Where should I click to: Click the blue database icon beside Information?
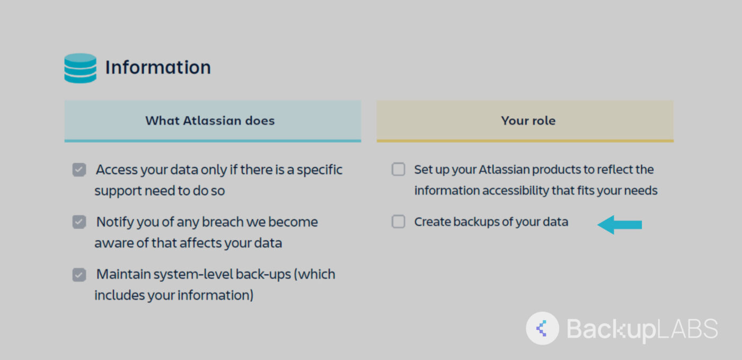click(x=80, y=68)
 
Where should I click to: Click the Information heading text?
click(x=158, y=67)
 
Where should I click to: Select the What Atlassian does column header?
click(x=210, y=120)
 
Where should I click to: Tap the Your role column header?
click(x=528, y=120)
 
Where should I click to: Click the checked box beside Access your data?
click(x=79, y=170)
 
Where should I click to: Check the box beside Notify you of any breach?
click(x=79, y=222)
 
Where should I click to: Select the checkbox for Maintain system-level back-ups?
click(x=79, y=275)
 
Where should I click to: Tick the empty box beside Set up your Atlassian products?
click(x=398, y=170)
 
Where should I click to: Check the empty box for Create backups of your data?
click(x=398, y=222)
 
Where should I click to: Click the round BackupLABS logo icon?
click(x=542, y=328)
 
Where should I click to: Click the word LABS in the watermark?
click(x=687, y=329)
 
